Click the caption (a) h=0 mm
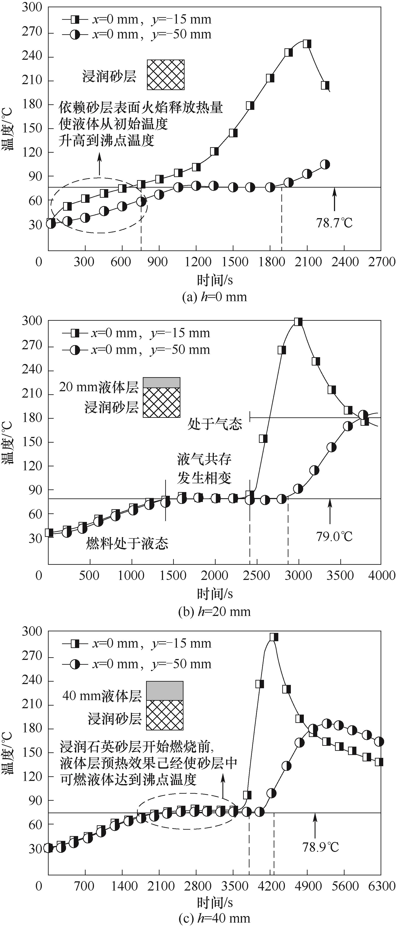(215, 297)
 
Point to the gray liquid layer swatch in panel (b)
(161, 382)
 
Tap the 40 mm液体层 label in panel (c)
(102, 696)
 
